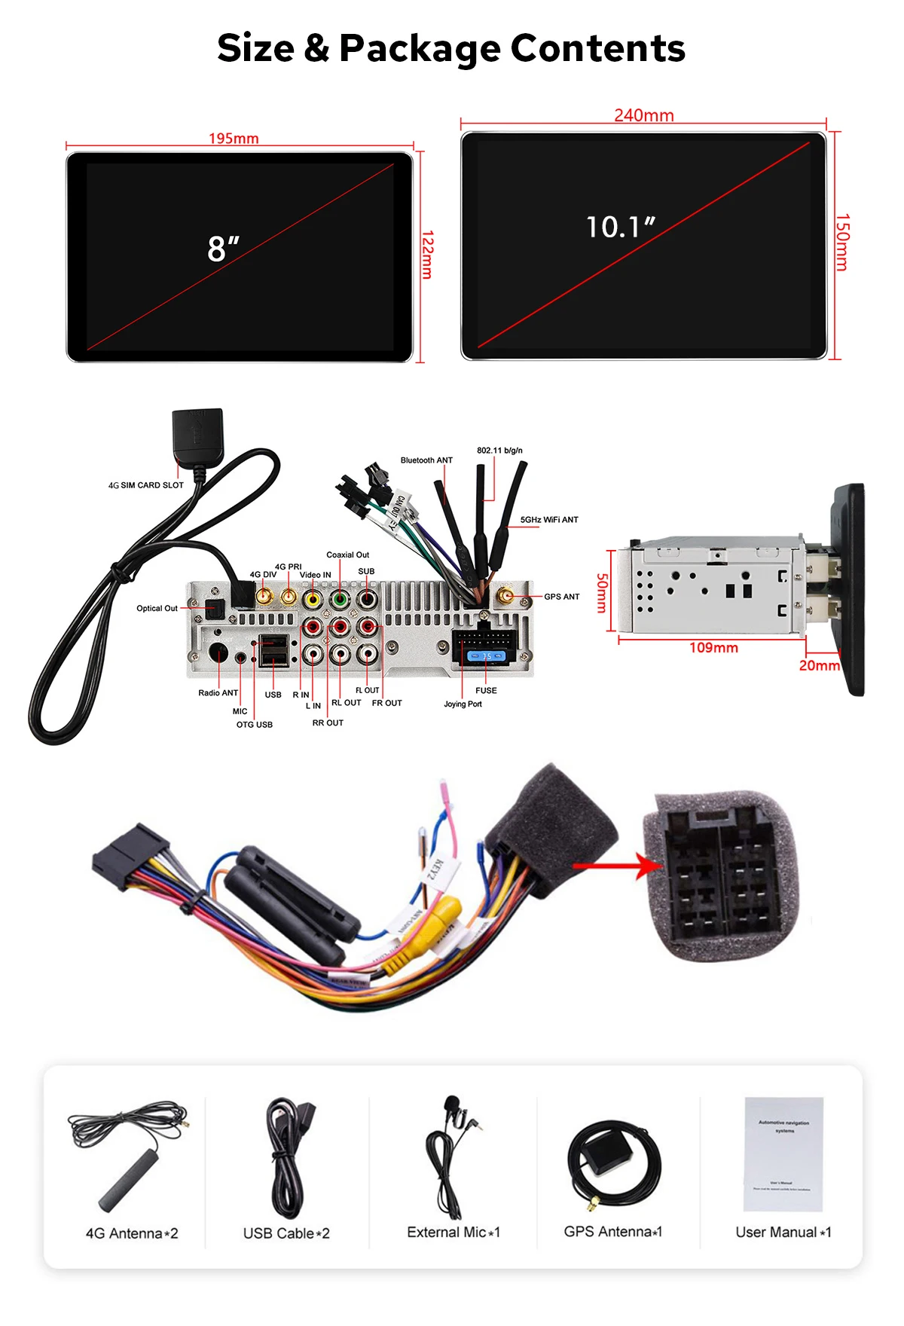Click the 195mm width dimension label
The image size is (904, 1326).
pyautogui.click(x=234, y=139)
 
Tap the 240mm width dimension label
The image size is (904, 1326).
pyautogui.click(x=643, y=115)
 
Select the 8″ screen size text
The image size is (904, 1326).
pyautogui.click(x=223, y=249)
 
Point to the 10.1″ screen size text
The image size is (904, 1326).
pyautogui.click(x=621, y=227)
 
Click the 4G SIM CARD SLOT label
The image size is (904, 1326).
pyautogui.click(x=146, y=485)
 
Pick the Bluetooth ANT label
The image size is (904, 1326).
pyautogui.click(x=426, y=460)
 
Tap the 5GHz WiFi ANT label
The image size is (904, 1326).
pyautogui.click(x=549, y=520)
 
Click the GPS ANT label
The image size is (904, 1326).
pyautogui.click(x=562, y=597)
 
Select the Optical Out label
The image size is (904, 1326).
pyautogui.click(x=157, y=608)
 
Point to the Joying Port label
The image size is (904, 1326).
pyautogui.click(x=463, y=704)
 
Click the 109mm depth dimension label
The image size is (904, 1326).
pyautogui.click(x=713, y=648)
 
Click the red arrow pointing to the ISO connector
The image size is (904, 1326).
pyautogui.click(x=618, y=866)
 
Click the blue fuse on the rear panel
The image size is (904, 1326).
pyautogui.click(x=487, y=656)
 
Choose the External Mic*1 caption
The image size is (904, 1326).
pyautogui.click(x=454, y=1233)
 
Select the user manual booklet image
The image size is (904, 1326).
pyautogui.click(x=783, y=1153)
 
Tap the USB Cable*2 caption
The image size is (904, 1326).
pyautogui.click(x=286, y=1233)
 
